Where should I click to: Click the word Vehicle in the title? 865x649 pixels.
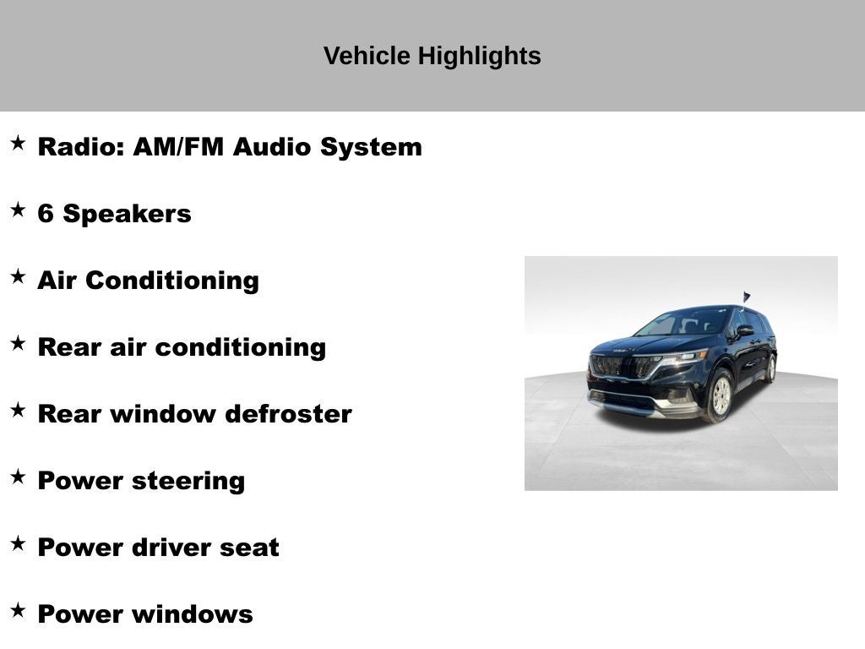367,56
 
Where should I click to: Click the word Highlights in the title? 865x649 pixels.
479,57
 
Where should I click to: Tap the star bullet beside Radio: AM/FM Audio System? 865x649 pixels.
18,144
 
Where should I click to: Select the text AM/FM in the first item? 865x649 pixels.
178,147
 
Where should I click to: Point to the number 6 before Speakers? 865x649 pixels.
46,214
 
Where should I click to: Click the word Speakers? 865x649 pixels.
127,214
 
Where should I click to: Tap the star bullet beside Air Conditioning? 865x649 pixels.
18,276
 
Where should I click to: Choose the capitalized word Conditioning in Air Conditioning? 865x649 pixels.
172,281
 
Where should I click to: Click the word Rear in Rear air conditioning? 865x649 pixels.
69,347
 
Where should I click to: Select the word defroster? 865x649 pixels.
289,414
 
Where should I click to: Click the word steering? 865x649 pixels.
188,481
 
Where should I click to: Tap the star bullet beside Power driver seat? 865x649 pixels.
18,543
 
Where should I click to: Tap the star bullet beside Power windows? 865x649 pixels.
18,610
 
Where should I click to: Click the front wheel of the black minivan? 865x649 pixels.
721,395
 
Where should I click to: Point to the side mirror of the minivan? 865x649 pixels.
744,330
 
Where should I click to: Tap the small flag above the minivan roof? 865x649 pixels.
747,297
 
